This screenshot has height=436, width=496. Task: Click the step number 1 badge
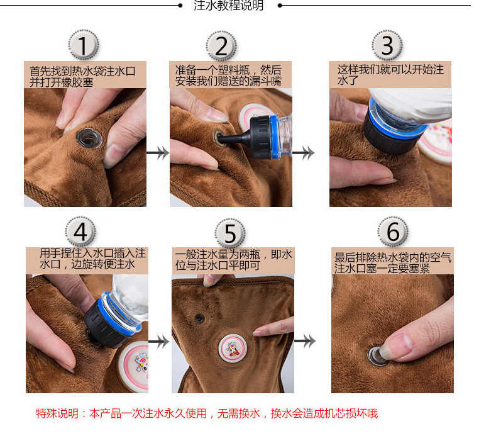point(84,45)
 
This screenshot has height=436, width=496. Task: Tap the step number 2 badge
point(221,46)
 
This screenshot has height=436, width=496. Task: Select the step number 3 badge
point(387,45)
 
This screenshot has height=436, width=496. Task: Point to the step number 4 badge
point(80,232)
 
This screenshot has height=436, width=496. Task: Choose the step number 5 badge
point(230,233)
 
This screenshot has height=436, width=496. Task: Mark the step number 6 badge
point(393,232)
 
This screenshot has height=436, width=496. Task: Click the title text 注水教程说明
point(229,6)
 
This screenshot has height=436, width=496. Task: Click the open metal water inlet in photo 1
point(89,138)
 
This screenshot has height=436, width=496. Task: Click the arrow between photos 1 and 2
point(158,153)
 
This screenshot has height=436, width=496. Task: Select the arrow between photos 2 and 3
point(304,153)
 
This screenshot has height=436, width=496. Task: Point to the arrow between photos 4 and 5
point(159,342)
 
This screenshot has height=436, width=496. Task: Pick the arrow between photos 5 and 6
point(305,341)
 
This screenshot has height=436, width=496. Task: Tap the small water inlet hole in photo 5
point(199,318)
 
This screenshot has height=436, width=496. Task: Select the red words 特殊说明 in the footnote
point(57,413)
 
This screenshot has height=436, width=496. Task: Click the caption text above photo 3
point(390,75)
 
